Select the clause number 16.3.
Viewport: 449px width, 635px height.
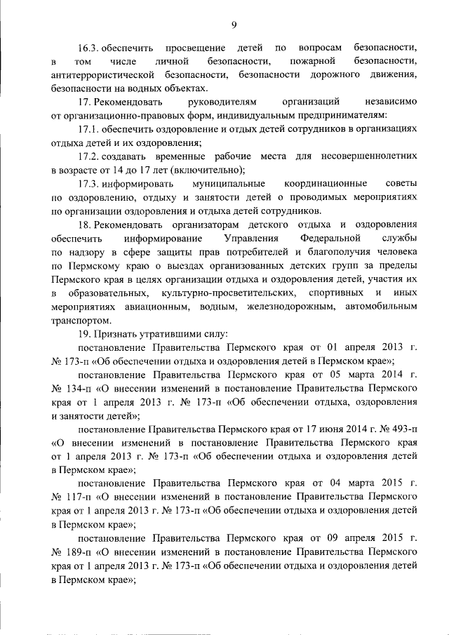(88, 48)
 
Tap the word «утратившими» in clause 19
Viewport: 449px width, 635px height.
(154, 335)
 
